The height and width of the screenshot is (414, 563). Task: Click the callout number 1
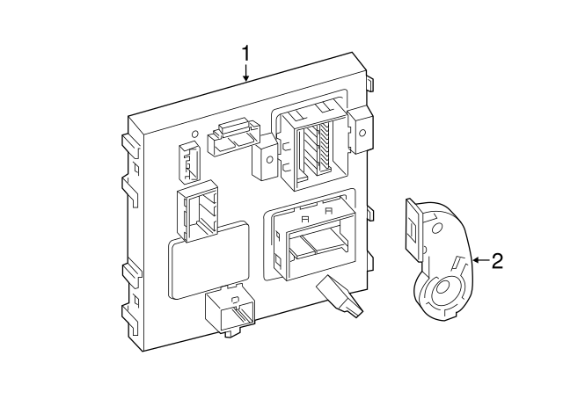tap(246, 54)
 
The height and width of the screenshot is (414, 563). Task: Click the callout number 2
tap(497, 260)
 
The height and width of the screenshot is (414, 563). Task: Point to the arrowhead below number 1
tap(246, 78)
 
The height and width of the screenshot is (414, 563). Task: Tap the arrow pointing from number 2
tap(479, 260)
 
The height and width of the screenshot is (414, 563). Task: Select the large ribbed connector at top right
tap(311, 145)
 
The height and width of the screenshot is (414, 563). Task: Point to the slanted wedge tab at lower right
tap(340, 295)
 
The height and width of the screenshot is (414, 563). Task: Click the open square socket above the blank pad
tap(198, 214)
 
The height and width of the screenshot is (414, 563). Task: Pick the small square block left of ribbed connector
tap(265, 161)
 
